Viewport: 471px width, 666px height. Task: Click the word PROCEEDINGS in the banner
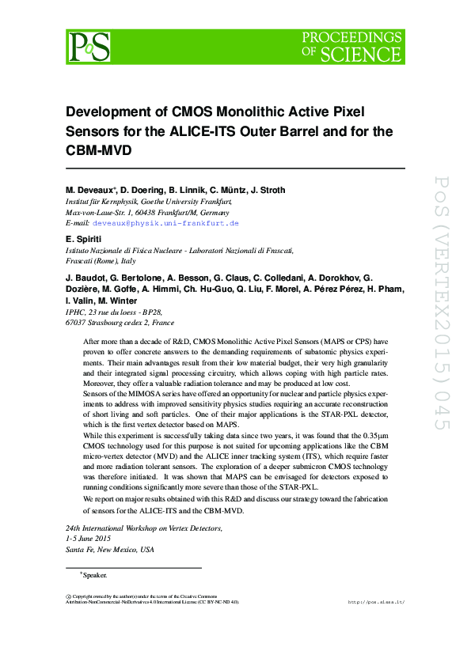(352, 39)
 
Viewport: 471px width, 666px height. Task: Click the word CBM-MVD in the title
(98, 150)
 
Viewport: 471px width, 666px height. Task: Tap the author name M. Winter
(117, 301)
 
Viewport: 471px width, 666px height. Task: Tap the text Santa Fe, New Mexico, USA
(110, 550)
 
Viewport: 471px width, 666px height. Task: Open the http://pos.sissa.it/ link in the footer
(376, 602)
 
